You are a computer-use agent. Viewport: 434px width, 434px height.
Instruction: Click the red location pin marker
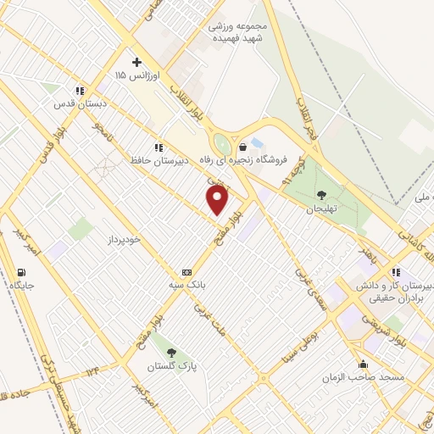coord(218,200)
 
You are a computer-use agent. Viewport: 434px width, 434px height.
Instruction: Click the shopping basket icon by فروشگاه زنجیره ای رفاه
coord(242,147)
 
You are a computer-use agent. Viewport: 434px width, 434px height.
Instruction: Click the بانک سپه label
coord(186,286)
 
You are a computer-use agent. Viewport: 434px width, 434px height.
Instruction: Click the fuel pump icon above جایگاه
coord(20,272)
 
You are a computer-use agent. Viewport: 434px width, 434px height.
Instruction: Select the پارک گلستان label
coord(174,365)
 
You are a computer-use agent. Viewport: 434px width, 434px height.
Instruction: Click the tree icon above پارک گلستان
coord(172,352)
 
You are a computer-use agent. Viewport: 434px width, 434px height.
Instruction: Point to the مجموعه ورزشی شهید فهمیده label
coord(238,31)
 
